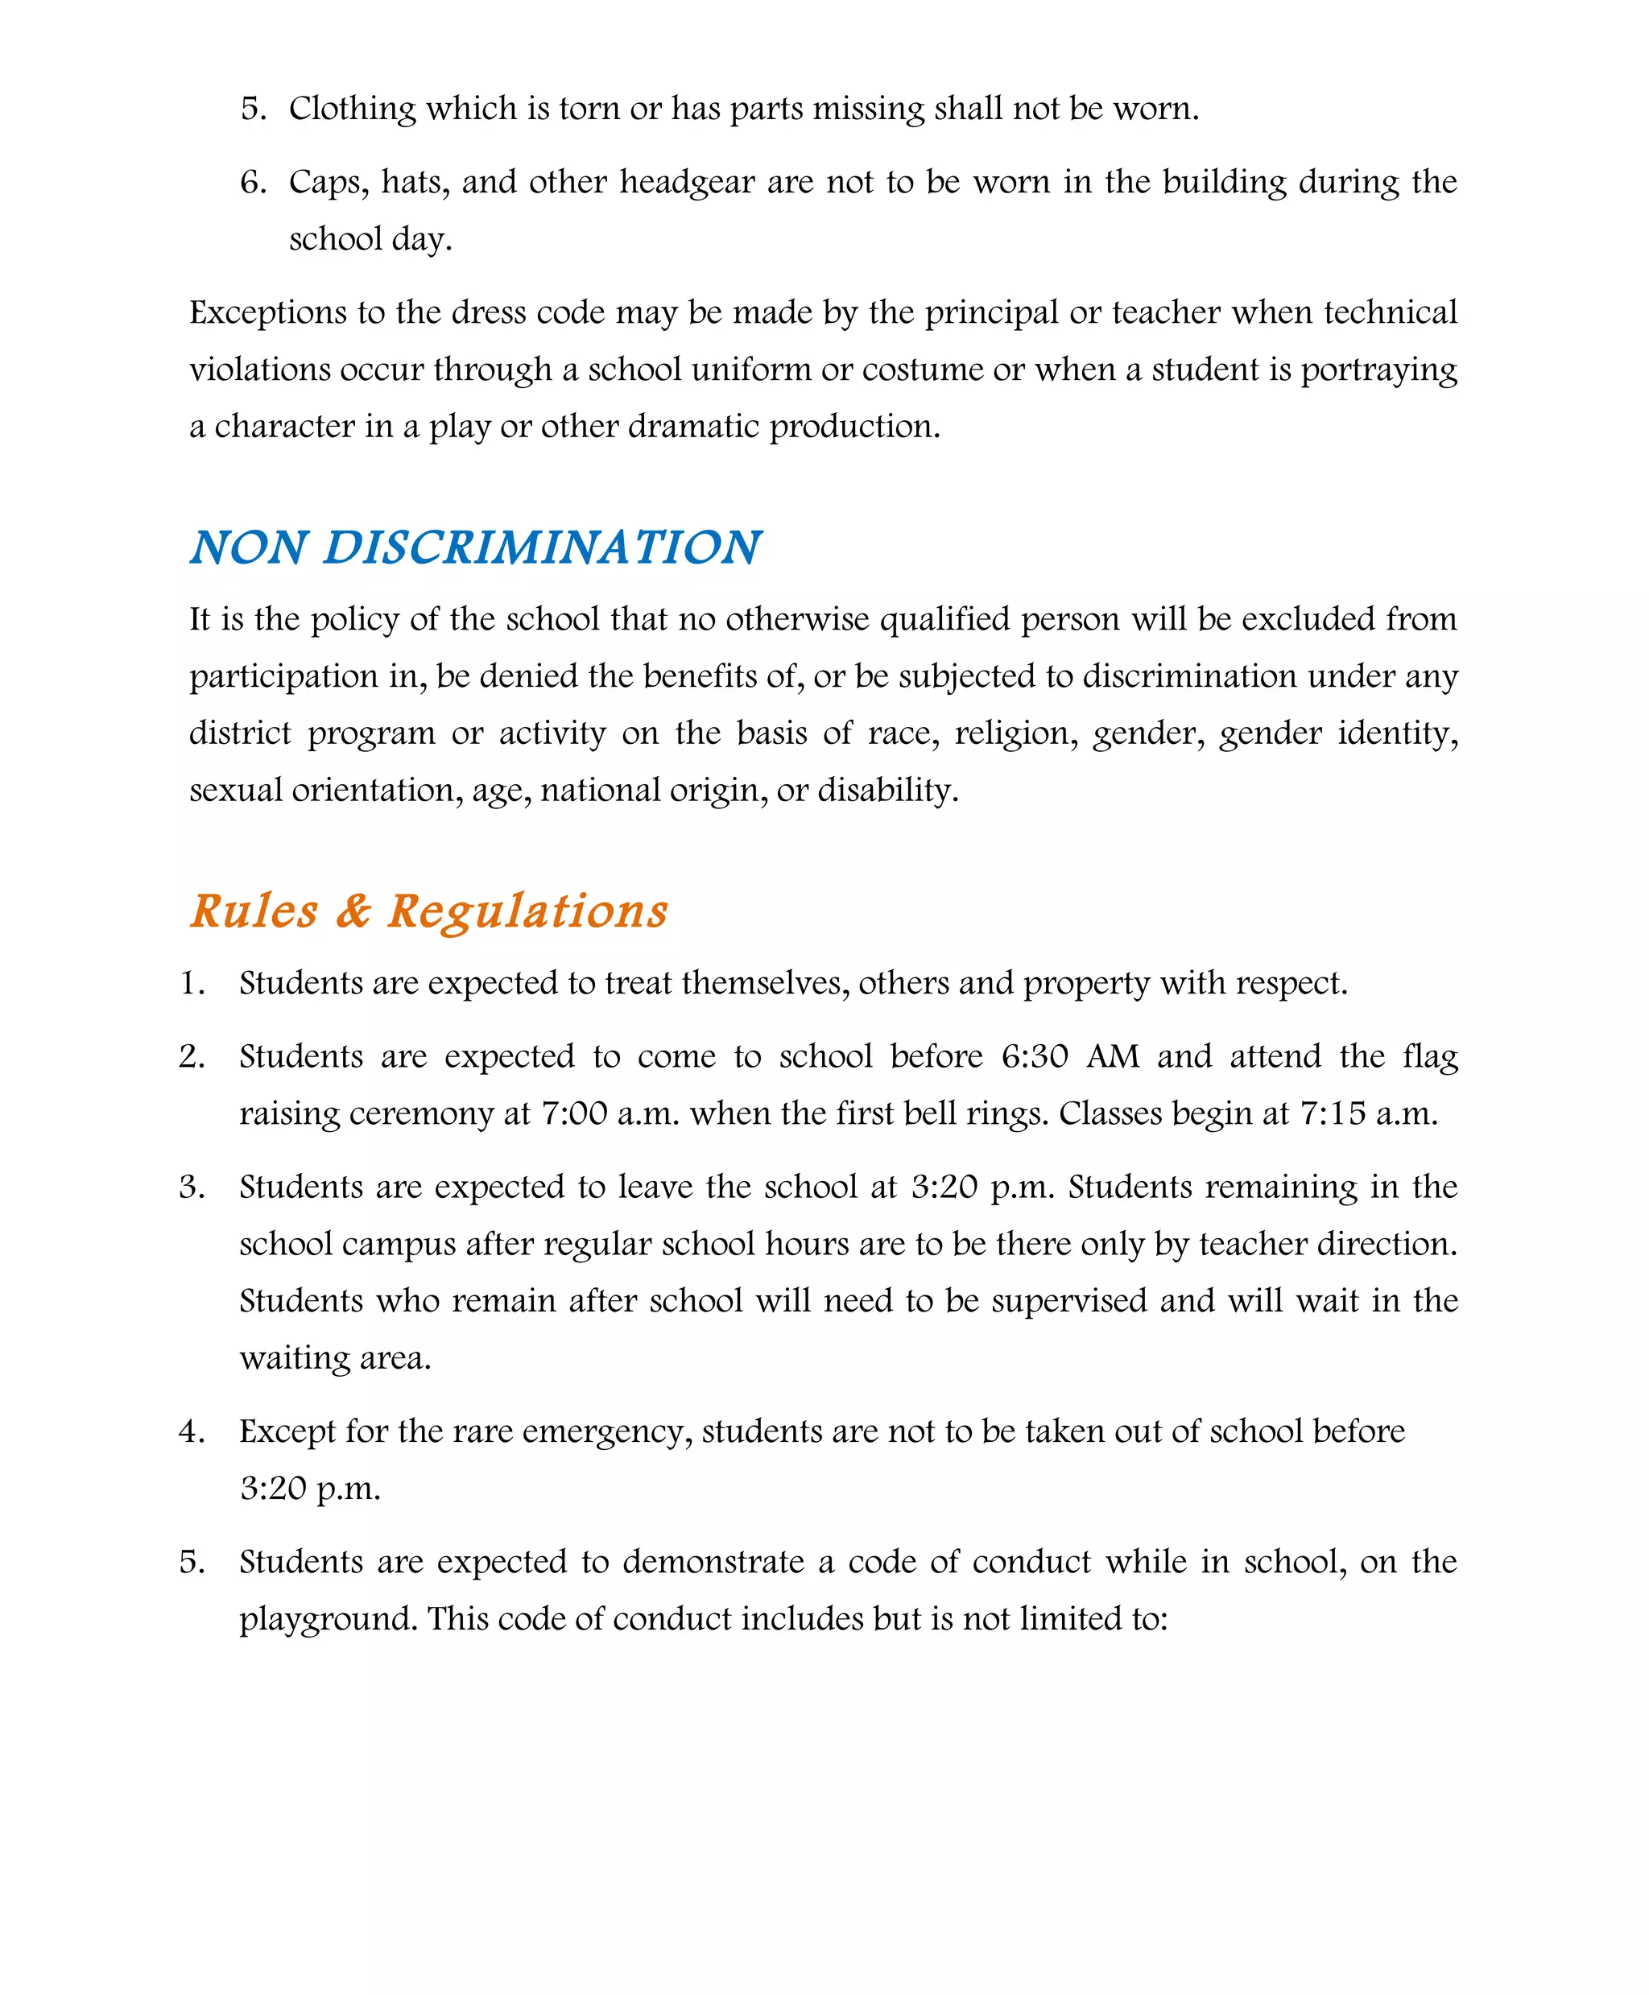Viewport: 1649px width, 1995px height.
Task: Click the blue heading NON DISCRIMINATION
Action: click(475, 548)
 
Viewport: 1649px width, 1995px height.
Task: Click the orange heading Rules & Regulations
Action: click(428, 911)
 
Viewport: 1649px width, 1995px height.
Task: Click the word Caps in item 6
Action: click(329, 182)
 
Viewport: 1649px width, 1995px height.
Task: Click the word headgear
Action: click(688, 182)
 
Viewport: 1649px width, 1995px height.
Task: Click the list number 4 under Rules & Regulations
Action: click(191, 1432)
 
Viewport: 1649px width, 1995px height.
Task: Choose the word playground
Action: click(328, 1619)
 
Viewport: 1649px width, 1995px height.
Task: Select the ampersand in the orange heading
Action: click(353, 911)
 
